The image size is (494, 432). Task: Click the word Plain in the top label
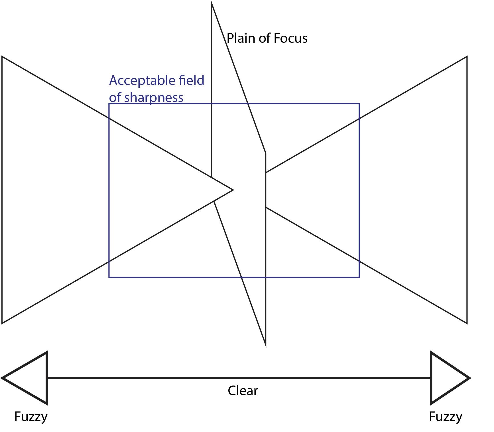click(241, 38)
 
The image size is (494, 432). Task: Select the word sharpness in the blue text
click(154, 98)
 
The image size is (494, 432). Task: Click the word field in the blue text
click(191, 80)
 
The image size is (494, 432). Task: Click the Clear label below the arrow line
click(243, 391)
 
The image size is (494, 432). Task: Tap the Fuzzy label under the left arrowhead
click(31, 417)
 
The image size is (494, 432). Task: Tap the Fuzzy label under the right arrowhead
click(445, 417)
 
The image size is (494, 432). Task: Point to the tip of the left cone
click(233, 190)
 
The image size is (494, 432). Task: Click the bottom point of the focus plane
click(266, 346)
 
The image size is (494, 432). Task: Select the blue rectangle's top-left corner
click(109, 104)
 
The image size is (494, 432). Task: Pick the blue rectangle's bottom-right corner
click(359, 277)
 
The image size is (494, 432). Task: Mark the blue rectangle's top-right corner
click(359, 104)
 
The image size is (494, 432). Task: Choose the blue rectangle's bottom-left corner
click(109, 277)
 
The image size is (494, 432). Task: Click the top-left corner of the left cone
click(2, 57)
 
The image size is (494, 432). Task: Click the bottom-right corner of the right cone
click(467, 323)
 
